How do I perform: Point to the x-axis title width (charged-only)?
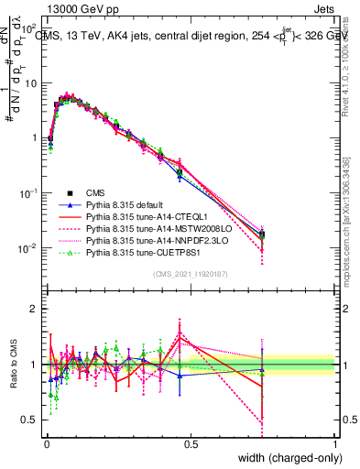(x=288, y=458)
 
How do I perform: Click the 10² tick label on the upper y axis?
(x=29, y=27)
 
